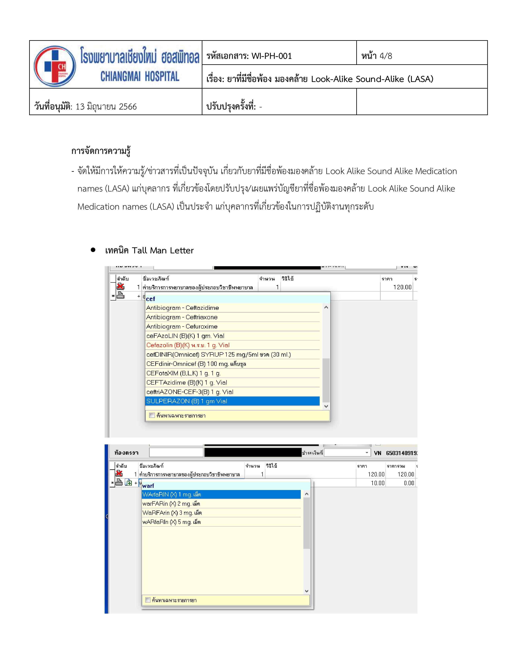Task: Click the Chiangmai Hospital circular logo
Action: tap(55, 66)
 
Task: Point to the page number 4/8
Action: tap(385, 56)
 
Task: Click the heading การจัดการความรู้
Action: tap(101, 151)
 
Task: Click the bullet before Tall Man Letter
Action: tap(93, 250)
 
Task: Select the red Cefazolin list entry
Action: tap(188, 345)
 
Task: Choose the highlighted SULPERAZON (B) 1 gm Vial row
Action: tap(187, 401)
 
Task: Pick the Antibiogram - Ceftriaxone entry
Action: tap(182, 317)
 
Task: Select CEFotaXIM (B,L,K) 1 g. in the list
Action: tap(183, 373)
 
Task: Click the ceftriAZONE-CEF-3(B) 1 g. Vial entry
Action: tap(190, 392)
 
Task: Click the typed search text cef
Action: tap(150, 299)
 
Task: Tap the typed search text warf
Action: tap(148, 486)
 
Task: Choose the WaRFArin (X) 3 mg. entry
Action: tap(172, 513)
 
